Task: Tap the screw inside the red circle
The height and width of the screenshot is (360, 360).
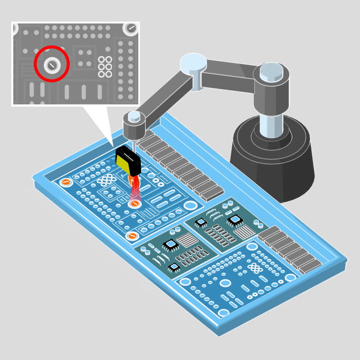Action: click(52, 65)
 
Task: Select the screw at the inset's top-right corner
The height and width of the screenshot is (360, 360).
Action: click(131, 28)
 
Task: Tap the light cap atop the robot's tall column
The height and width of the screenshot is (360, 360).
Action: click(271, 69)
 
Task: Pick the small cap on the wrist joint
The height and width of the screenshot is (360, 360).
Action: click(134, 116)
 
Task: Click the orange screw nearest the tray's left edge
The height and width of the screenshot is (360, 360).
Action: click(66, 182)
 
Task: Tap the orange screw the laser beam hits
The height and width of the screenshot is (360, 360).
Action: click(134, 204)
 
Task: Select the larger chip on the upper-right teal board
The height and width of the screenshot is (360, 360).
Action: click(235, 220)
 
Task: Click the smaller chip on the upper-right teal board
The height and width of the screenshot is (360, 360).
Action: click(201, 222)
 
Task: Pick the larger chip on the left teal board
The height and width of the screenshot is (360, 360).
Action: click(171, 244)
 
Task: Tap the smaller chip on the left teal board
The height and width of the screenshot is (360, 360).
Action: click(174, 267)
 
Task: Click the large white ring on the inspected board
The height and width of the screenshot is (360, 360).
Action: click(191, 206)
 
